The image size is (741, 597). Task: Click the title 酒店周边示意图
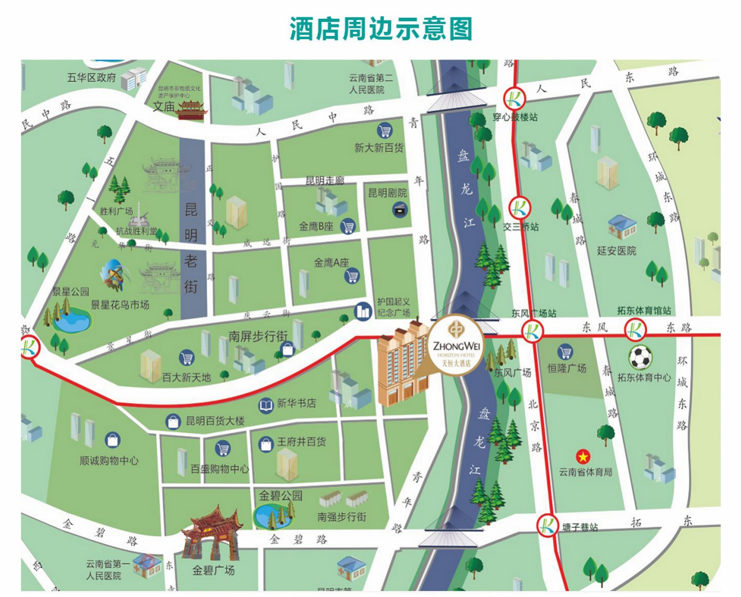381,29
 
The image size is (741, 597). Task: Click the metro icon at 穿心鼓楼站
514,98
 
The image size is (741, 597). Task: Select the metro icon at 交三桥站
519,208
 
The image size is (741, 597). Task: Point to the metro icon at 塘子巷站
548,524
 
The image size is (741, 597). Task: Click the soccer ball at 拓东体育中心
640,358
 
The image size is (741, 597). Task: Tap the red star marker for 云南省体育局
583,457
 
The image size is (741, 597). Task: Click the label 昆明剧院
387,193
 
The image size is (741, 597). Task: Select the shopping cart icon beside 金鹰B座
348,226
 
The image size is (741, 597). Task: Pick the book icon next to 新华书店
266,405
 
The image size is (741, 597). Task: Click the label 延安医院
617,251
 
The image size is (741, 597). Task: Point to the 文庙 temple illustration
191,109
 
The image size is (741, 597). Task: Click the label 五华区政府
91,77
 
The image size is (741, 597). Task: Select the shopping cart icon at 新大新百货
385,131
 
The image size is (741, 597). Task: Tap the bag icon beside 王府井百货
267,444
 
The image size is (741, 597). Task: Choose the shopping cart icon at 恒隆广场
565,352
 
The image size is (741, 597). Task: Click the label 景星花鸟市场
120,304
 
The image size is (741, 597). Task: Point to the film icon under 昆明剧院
400,210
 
